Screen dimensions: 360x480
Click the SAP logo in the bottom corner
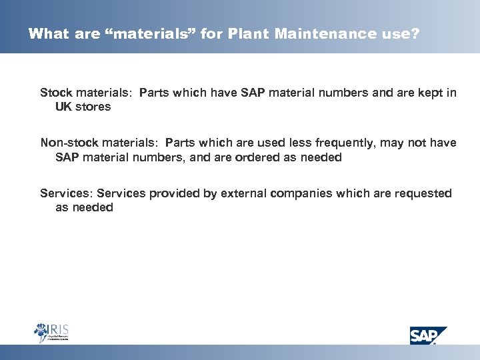pos(429,334)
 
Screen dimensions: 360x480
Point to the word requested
pos(424,193)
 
